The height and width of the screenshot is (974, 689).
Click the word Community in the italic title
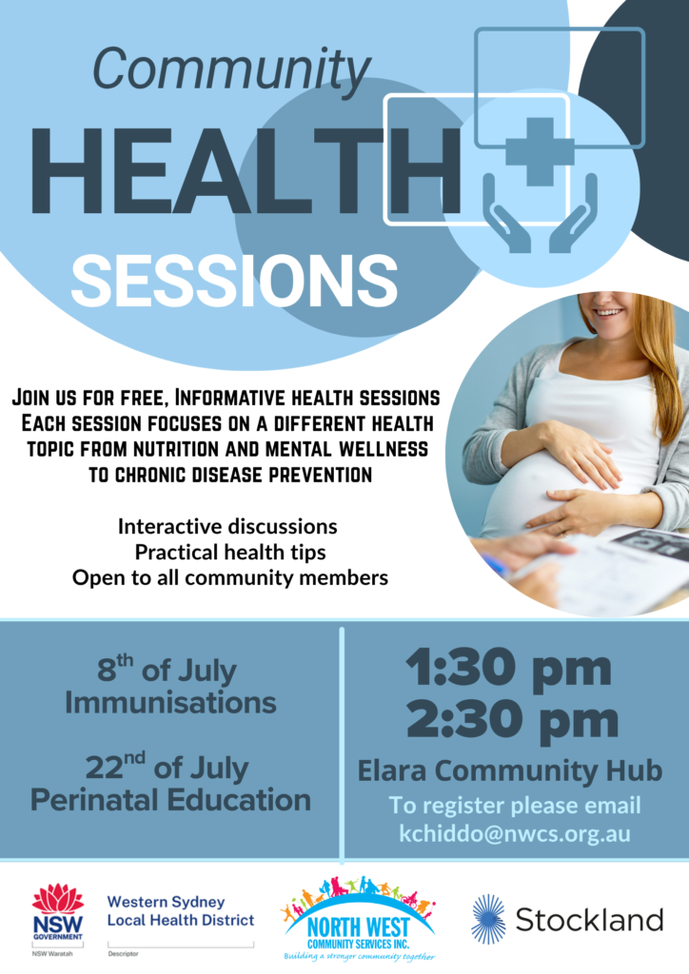pos(232,69)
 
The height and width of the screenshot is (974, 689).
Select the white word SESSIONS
pos(234,281)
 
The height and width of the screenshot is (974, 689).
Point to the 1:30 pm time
pos(508,668)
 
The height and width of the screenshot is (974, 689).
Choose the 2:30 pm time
pos(513,721)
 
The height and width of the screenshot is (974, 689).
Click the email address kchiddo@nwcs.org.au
pos(515,833)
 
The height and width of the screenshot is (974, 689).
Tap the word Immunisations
pos(171,703)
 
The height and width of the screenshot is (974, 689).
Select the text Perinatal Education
pos(171,800)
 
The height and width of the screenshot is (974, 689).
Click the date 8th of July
pos(167,669)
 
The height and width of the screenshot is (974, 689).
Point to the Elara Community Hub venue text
pos(509,770)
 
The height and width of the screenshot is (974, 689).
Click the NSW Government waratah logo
pos(58,912)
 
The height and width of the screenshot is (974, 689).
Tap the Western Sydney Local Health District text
pos(181,910)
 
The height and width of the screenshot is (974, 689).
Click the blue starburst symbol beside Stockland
pos(488,920)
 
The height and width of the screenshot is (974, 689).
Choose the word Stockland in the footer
pos(589,920)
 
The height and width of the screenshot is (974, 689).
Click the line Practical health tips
pos(230,553)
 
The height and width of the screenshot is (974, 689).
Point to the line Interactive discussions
pos(227,527)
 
